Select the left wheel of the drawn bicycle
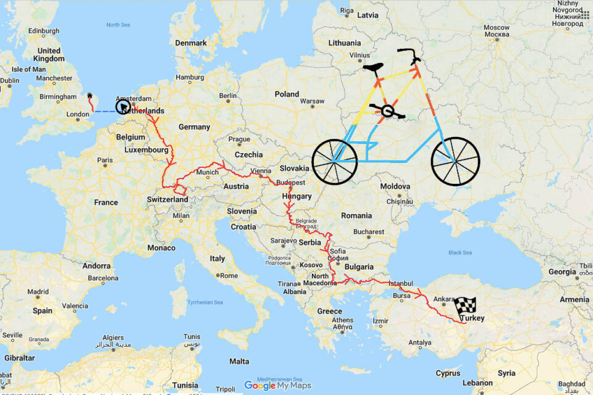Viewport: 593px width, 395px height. tap(335, 162)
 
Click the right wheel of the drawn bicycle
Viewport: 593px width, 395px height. tap(455, 161)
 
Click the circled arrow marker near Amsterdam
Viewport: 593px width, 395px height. tap(124, 107)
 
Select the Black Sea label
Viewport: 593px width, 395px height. tap(460, 252)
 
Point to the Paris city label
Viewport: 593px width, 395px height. tap(105, 160)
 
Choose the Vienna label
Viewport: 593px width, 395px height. tap(260, 171)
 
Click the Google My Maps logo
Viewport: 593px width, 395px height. tap(277, 386)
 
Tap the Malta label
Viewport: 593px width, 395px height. tap(239, 361)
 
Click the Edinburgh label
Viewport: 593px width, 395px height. tap(43, 31)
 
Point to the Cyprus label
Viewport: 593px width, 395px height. tap(448, 373)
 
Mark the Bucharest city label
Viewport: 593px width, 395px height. tap(369, 232)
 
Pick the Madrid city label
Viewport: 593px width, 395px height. tap(38, 291)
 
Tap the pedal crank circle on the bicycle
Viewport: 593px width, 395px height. tap(387, 111)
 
